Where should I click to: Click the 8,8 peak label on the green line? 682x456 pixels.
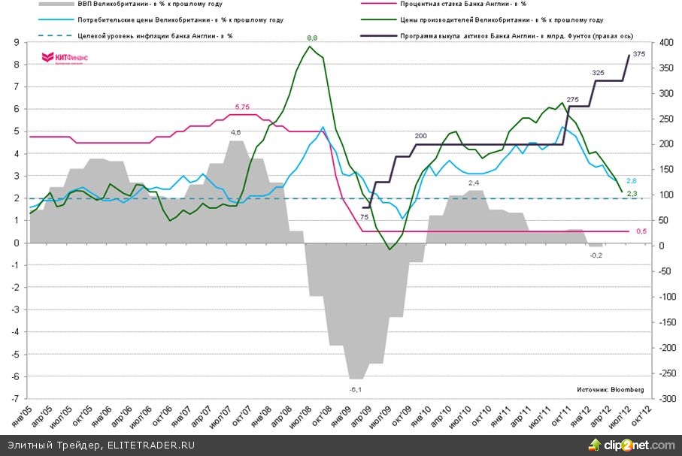point(312,37)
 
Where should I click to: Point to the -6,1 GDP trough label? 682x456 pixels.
point(356,388)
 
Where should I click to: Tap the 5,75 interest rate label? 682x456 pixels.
point(242,107)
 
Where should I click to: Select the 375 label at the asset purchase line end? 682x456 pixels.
point(639,54)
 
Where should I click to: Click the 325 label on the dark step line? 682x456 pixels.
point(599,72)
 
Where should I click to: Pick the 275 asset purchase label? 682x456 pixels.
point(572,100)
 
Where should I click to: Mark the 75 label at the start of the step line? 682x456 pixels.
point(364,217)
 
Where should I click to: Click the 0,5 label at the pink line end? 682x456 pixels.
point(641,231)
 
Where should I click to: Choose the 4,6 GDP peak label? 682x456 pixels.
point(235,132)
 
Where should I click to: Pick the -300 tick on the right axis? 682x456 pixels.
point(651,399)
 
